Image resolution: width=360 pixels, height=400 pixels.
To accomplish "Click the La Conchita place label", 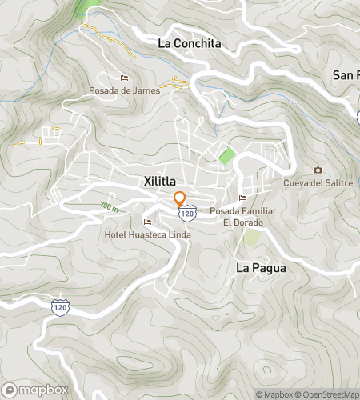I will click(189, 43).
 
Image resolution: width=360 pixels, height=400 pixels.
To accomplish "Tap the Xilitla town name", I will click(166, 181).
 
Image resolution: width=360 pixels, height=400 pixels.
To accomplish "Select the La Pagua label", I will click(261, 268).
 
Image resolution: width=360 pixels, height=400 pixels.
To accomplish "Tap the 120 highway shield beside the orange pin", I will click(187, 214).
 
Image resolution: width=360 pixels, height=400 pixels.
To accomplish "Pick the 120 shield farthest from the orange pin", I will click(60, 306).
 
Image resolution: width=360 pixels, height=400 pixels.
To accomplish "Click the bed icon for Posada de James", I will click(124, 78).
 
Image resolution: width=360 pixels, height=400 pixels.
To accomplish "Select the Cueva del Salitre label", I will click(318, 183).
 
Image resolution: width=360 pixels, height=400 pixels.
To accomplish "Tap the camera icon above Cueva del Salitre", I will click(318, 170).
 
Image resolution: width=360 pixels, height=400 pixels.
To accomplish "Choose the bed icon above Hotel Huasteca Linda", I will click(146, 222).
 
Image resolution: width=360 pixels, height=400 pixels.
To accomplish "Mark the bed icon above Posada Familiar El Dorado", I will click(242, 198).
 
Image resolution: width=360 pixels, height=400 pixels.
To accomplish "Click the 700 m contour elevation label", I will click(110, 207).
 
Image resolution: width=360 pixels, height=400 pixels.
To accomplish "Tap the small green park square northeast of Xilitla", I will click(228, 156).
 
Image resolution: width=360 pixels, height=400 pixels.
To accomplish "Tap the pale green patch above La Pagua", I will click(252, 238).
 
